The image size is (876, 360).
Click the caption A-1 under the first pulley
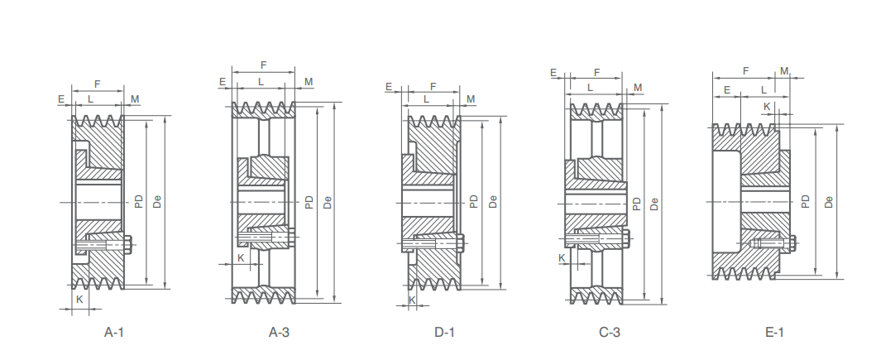pyautogui.click(x=113, y=333)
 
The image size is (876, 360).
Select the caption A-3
pyautogui.click(x=279, y=333)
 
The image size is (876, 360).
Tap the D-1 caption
pyautogui.click(x=444, y=333)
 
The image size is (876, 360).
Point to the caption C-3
pyautogui.click(x=610, y=333)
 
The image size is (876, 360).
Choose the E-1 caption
pyautogui.click(x=774, y=333)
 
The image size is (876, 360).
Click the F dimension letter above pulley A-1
pyautogui.click(x=98, y=84)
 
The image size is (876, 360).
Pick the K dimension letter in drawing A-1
pyautogui.click(x=80, y=298)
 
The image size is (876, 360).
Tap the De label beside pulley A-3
pyautogui.click(x=328, y=201)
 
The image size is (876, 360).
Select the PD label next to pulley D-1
pyautogui.click(x=474, y=201)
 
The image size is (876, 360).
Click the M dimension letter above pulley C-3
pyautogui.click(x=638, y=87)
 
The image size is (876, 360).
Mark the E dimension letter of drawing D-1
pyautogui.click(x=389, y=86)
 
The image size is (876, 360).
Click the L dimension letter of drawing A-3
pyautogui.click(x=261, y=81)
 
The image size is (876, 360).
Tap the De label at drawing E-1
pyautogui.click(x=829, y=200)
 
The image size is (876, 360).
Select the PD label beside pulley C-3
pyautogui.click(x=637, y=203)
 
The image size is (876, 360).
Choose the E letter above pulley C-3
pyautogui.click(x=553, y=73)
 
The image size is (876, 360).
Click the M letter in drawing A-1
pyautogui.click(x=135, y=99)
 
